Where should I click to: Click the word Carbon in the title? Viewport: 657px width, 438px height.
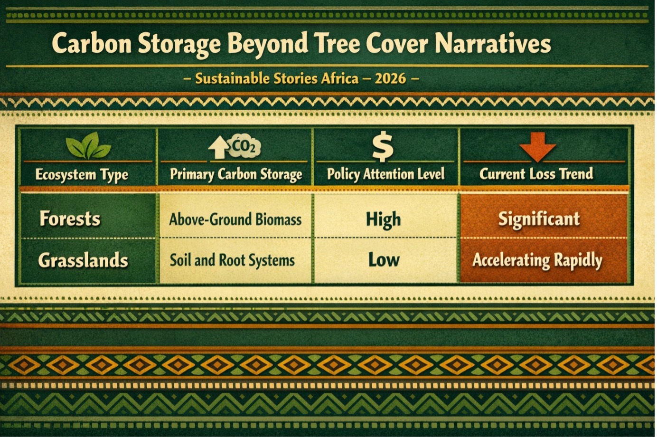(x=92, y=43)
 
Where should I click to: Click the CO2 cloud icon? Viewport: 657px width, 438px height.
(x=244, y=146)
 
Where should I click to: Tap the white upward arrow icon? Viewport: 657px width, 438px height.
(x=218, y=148)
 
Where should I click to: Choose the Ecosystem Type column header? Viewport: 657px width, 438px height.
(x=82, y=175)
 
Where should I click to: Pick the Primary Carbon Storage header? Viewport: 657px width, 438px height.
(x=236, y=174)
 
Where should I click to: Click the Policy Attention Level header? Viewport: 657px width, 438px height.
(x=385, y=174)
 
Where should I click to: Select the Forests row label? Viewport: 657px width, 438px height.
(x=70, y=219)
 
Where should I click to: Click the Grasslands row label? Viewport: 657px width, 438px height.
(x=83, y=260)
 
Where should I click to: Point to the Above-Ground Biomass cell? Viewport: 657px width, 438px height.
(x=235, y=219)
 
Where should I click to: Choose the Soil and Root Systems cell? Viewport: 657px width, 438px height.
(x=232, y=260)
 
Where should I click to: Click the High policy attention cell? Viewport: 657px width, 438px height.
(x=384, y=219)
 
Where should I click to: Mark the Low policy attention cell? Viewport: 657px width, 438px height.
(x=384, y=260)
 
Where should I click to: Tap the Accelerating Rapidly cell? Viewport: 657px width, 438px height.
(x=537, y=260)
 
